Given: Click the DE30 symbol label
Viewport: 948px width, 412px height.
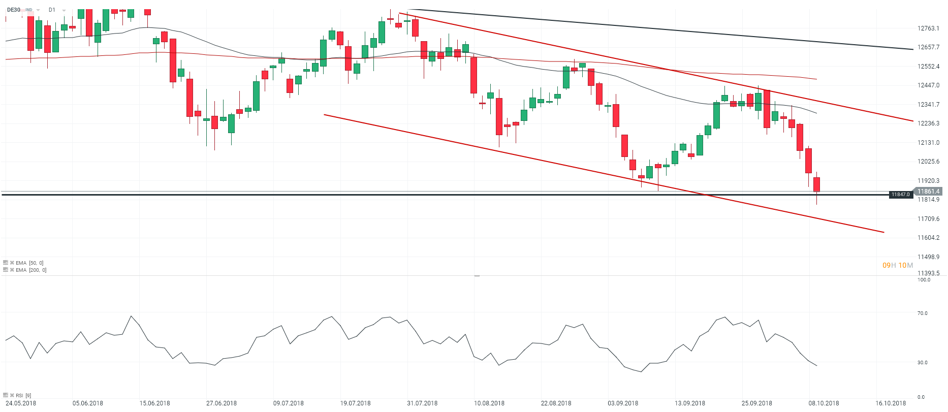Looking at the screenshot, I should [14, 10].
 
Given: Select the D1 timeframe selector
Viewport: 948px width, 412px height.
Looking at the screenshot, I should [52, 10].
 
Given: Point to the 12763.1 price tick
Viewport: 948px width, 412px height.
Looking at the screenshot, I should [928, 28].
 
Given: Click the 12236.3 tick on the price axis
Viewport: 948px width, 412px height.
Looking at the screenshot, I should [928, 123].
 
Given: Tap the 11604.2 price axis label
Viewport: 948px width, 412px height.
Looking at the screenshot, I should [928, 238].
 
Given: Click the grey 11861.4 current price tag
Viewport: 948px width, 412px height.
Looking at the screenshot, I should [928, 192].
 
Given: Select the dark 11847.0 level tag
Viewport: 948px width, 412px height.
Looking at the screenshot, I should [901, 195].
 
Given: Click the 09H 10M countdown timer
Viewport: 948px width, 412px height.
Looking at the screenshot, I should [898, 265].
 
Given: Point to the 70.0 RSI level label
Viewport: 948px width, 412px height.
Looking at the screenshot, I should [922, 313].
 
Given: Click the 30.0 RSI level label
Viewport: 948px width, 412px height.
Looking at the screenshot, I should [922, 363].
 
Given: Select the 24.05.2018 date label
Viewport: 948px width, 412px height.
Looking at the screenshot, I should [21, 403].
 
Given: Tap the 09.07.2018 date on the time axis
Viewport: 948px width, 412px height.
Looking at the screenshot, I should [289, 403].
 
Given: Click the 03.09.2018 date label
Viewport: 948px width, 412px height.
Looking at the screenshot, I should [623, 403].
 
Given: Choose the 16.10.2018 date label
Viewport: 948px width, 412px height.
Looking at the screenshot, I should [891, 403].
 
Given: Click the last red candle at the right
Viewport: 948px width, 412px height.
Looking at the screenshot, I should [816, 184].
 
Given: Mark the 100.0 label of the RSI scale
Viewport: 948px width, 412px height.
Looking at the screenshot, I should [924, 280].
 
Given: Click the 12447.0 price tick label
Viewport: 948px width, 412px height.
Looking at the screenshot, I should [928, 85].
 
